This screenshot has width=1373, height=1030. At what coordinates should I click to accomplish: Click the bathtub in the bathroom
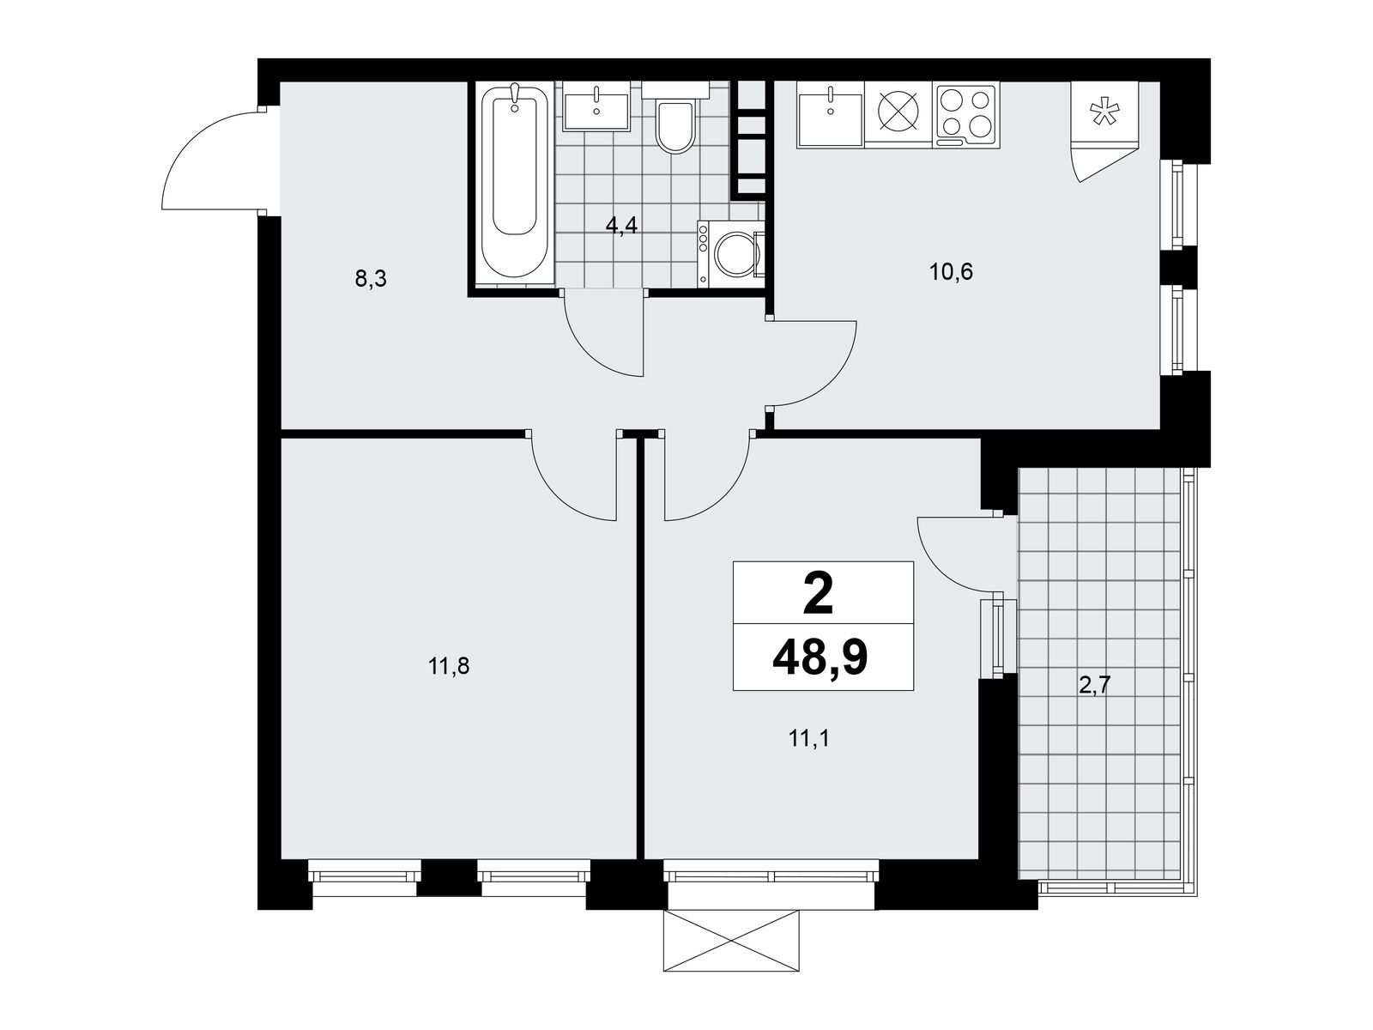coord(515,182)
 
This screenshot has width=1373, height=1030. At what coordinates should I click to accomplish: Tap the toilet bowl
coord(674,121)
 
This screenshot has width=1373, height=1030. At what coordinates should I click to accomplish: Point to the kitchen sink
coord(830,115)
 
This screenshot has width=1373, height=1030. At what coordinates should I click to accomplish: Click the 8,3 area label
coord(371,278)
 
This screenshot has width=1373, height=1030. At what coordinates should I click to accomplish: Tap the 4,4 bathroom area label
coord(621,225)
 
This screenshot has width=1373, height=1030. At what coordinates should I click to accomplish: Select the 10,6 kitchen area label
coord(952,272)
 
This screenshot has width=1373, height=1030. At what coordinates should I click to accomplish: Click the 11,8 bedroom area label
coord(449,667)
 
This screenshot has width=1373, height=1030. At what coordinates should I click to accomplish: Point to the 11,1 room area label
coord(809,739)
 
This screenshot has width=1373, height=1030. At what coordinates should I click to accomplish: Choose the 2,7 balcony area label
coord(1095,686)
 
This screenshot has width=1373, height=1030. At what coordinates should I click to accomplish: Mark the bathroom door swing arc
coord(594,350)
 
